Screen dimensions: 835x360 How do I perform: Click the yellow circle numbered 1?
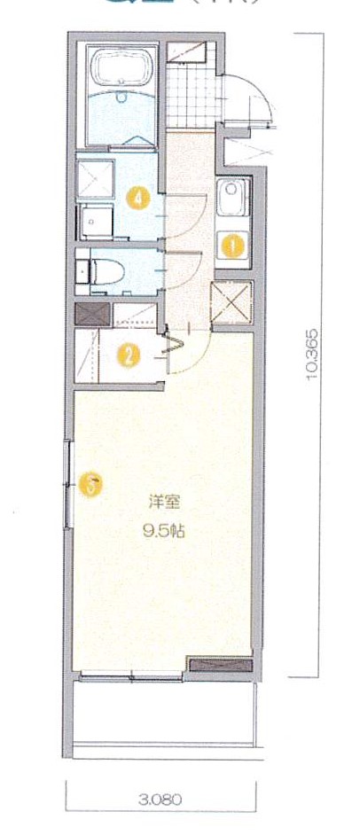233,245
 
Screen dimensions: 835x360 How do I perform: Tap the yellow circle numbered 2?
129,356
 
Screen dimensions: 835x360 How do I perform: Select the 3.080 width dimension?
160,798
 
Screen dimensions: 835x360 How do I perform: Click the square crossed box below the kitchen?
231,301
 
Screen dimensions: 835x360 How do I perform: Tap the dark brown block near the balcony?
221,664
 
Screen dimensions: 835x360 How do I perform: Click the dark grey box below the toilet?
92,314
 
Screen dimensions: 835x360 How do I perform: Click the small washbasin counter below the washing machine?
95,222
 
